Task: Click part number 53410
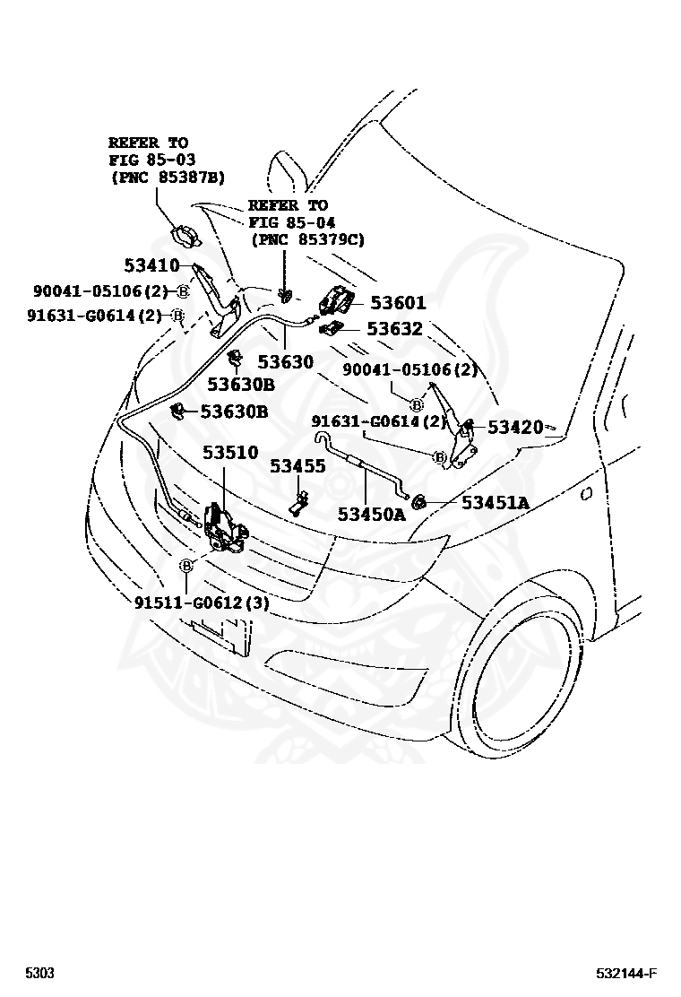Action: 151,264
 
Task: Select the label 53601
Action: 398,303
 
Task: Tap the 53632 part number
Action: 393,329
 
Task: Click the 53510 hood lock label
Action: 229,452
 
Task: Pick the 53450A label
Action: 371,514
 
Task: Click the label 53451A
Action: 495,502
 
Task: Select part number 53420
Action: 515,427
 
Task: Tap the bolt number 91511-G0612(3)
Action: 202,603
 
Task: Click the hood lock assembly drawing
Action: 224,528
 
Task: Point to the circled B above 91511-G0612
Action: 185,566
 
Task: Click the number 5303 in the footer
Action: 39,974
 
